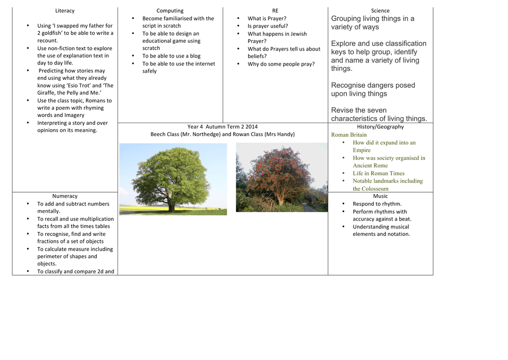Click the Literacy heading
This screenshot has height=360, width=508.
(x=64, y=10)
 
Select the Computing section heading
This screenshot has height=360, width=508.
(x=170, y=10)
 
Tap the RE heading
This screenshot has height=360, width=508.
(x=275, y=10)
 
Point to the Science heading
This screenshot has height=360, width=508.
(x=380, y=10)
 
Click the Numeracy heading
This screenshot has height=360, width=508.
(x=64, y=196)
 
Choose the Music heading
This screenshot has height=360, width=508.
(x=380, y=196)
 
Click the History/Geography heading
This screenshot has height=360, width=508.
(x=380, y=127)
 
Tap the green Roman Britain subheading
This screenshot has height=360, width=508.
(x=349, y=135)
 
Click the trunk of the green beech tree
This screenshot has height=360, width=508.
(x=171, y=205)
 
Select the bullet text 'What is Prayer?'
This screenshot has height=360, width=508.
(x=267, y=18)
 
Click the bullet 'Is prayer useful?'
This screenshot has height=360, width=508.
(x=267, y=26)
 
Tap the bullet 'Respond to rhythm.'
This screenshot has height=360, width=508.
(x=377, y=204)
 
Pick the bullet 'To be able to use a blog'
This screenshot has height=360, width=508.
(x=171, y=56)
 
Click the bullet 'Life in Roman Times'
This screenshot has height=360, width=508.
(x=379, y=173)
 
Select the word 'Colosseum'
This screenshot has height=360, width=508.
(x=375, y=189)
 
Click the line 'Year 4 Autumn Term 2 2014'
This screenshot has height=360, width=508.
(x=222, y=127)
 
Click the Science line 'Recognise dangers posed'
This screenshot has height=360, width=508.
(x=373, y=85)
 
